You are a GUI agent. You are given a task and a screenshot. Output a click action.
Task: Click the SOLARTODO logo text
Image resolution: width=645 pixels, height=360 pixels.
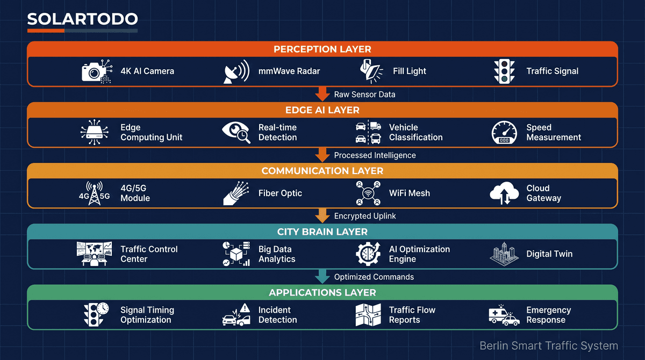click(x=82, y=19)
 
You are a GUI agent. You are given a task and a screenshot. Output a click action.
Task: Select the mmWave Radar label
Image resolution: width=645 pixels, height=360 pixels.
click(x=289, y=71)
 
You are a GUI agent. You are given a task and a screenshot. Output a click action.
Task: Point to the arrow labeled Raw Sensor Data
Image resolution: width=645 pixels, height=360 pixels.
click(x=322, y=94)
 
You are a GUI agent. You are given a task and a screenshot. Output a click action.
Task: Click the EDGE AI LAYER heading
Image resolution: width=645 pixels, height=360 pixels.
click(x=322, y=110)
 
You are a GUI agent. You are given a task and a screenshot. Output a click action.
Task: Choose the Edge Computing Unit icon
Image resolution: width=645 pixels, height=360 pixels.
click(x=94, y=132)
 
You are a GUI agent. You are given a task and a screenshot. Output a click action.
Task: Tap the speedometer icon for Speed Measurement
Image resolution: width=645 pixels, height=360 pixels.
click(x=504, y=132)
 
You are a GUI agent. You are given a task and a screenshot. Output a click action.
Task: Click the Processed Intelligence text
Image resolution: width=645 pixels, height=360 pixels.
click(x=375, y=155)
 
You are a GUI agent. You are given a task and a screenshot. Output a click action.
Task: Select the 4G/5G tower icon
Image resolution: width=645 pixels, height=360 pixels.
click(x=94, y=193)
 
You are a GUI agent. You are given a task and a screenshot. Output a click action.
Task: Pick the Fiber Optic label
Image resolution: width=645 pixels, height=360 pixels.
click(x=280, y=193)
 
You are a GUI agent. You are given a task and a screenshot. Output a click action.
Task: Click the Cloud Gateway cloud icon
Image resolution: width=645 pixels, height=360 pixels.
click(x=504, y=193)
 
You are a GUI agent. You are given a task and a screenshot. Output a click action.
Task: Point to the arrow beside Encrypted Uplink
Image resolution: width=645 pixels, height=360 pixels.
click(x=322, y=215)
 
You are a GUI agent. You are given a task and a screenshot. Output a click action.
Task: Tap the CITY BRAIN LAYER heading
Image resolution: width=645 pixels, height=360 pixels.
click(x=322, y=232)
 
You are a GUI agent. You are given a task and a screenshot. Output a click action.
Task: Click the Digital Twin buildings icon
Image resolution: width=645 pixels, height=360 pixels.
click(x=504, y=254)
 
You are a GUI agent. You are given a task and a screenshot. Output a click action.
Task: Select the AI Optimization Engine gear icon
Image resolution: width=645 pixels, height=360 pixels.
click(x=368, y=254)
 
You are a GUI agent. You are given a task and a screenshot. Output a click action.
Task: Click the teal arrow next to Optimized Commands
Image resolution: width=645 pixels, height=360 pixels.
click(x=322, y=277)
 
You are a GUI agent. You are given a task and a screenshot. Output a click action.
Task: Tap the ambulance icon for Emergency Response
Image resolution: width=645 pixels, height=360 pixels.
click(x=504, y=315)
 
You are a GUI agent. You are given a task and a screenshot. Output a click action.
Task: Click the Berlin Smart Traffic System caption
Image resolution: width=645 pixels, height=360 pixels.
click(x=548, y=345)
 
